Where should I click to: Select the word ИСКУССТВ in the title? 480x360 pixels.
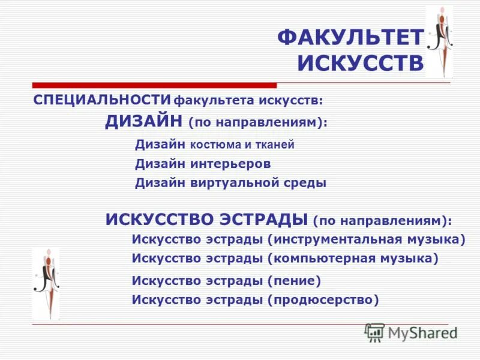(361, 63)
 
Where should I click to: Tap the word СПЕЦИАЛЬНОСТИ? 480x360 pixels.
(102, 99)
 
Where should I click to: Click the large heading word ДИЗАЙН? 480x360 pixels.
(144, 122)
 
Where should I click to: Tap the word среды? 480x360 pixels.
(307, 184)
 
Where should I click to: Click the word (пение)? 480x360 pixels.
(295, 280)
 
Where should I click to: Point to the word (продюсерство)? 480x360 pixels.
(323, 299)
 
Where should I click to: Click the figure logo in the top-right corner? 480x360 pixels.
(439, 41)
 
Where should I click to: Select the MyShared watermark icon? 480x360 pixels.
(374, 332)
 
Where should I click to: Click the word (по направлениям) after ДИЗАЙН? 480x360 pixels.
(258, 122)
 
